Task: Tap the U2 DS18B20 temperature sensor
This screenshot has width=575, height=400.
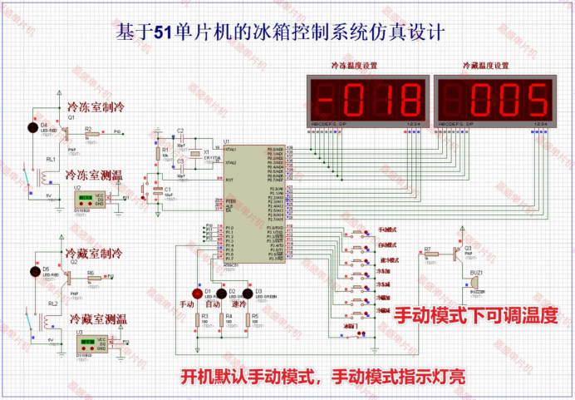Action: pyautogui.click(x=85, y=198)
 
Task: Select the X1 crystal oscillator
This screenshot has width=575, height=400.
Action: pyautogui.click(x=197, y=154)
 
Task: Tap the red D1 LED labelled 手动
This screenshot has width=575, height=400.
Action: pyautogui.click(x=198, y=293)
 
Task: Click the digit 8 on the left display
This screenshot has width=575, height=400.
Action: pyautogui.click(x=407, y=100)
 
